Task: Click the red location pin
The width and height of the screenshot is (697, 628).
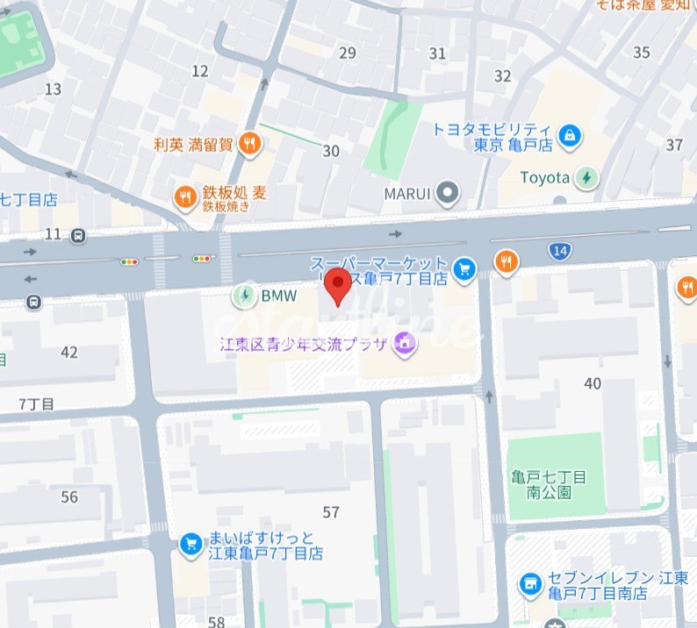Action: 337,286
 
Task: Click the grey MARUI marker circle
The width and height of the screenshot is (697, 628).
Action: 449,193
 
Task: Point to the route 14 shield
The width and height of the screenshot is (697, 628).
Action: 560,252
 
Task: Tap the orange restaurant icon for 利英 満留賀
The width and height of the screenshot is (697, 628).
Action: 250,144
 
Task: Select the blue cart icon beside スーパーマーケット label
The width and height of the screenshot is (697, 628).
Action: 465,268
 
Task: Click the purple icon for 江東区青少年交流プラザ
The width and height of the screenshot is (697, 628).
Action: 404,342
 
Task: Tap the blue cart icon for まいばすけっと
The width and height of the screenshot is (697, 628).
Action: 190,545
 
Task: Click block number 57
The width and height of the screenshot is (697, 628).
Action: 331,512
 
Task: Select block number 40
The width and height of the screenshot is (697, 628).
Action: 593,383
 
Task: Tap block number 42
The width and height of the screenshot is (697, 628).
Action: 69,353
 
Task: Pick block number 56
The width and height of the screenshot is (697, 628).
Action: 69,496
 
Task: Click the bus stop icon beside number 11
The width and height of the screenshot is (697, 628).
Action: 79,235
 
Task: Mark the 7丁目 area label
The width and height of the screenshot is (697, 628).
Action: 36,404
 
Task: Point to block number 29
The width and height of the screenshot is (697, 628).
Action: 348,54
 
